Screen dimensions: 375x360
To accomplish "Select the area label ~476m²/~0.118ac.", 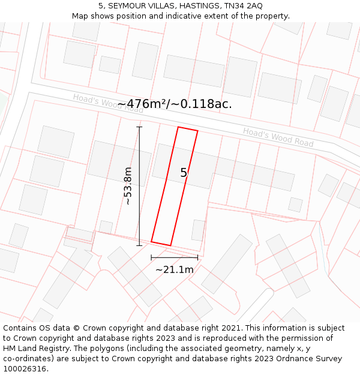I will (x=175, y=104).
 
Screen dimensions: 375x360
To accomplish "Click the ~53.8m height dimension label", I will (x=128, y=186).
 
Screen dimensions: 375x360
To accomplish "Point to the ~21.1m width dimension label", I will (x=175, y=270).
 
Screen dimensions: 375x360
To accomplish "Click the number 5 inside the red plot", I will (x=184, y=173).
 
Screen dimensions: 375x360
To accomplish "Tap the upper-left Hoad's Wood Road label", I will (x=108, y=103).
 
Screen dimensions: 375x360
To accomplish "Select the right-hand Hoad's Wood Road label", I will (x=278, y=137).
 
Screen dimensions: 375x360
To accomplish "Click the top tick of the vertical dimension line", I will (x=140, y=127).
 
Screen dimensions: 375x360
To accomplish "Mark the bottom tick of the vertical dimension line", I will (x=140, y=245).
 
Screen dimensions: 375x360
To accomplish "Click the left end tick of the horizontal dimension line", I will (x=151, y=257).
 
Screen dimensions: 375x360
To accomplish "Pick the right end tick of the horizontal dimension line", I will (x=197, y=257).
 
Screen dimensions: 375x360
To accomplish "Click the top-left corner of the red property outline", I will (x=178, y=127).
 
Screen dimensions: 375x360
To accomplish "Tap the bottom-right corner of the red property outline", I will (x=171, y=245).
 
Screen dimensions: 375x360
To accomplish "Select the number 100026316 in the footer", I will (x=25, y=369).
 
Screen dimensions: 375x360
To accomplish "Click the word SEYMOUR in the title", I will (x=126, y=5).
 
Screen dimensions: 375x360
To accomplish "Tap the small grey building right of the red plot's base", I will (x=198, y=230).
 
